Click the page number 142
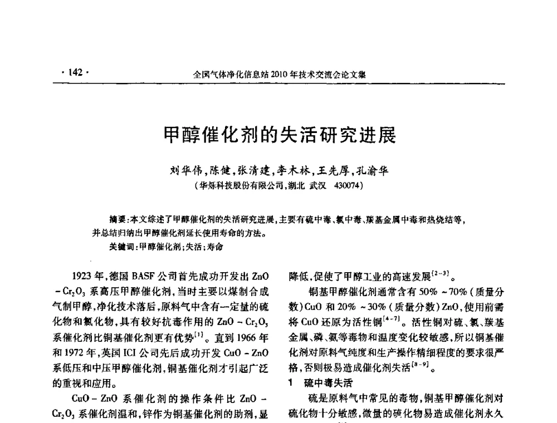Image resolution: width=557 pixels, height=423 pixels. [x=75, y=72]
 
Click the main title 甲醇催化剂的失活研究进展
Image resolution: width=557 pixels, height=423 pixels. [x=278, y=135]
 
